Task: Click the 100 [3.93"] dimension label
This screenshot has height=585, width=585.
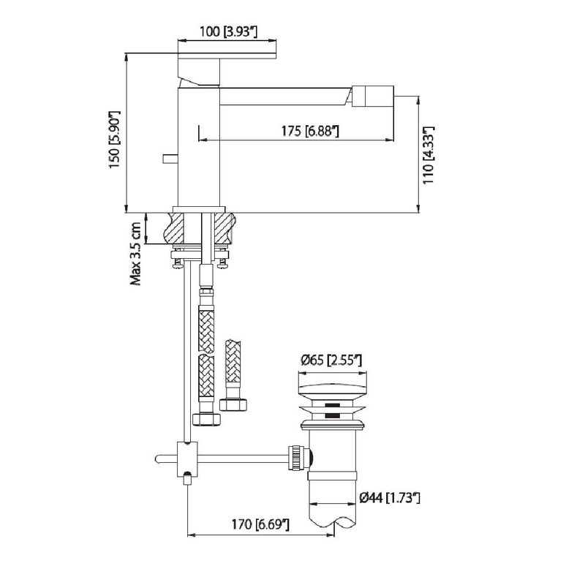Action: (x=228, y=31)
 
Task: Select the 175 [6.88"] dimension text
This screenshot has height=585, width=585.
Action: (x=309, y=131)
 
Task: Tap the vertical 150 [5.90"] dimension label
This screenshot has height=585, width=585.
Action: (x=115, y=139)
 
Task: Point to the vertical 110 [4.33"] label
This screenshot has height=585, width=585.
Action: (x=428, y=155)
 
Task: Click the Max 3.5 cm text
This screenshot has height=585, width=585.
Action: (x=135, y=254)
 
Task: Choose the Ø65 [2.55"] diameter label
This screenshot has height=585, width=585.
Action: (x=331, y=361)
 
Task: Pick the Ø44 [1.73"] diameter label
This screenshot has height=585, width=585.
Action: (x=390, y=498)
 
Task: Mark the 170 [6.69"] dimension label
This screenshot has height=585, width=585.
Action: (x=260, y=524)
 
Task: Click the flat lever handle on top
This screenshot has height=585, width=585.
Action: (x=227, y=56)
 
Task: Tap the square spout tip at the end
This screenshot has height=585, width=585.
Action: (x=373, y=97)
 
